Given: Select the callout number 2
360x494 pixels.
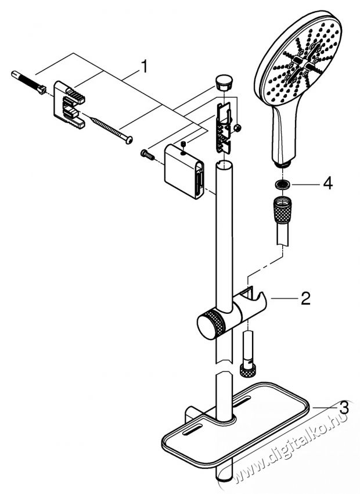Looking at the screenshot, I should click(x=305, y=300).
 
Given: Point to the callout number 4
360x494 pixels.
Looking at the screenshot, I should click(x=328, y=184).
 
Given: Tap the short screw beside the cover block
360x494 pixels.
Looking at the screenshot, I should click(x=146, y=155).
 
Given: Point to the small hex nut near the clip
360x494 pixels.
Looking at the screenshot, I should click(x=238, y=127).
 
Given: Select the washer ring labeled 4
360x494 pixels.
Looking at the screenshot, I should click(x=283, y=184).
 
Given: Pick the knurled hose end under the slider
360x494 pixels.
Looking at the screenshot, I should click(x=249, y=366).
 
